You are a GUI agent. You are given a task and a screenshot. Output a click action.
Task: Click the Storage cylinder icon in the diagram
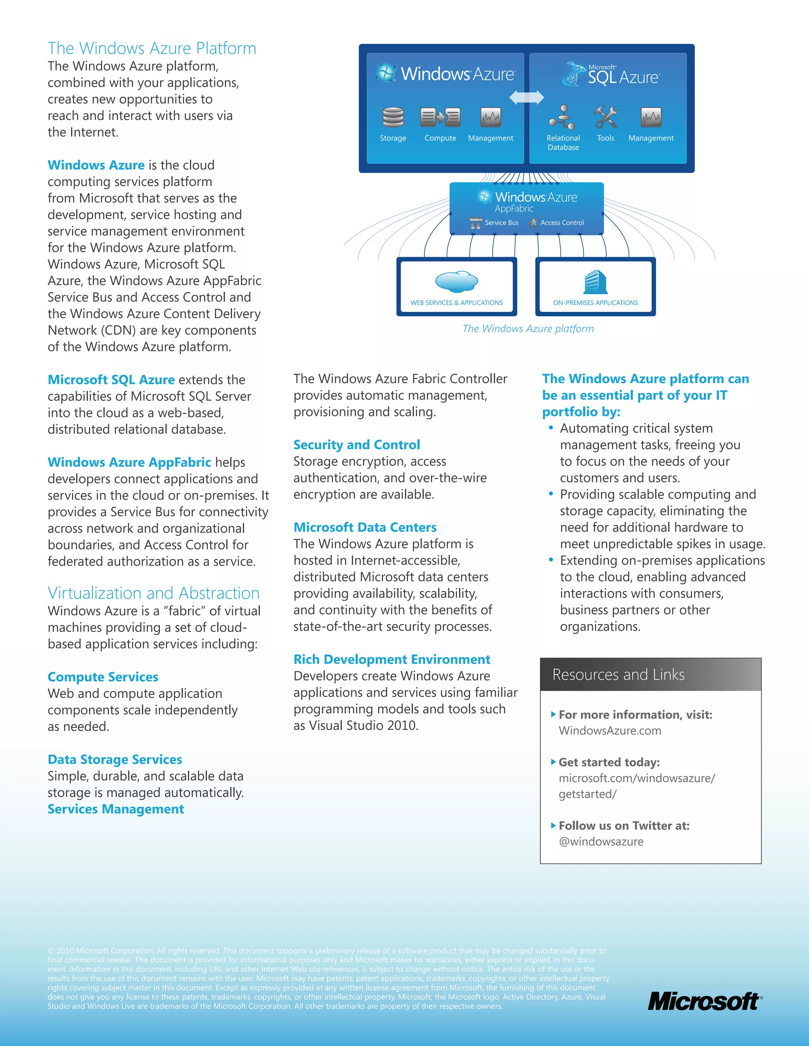pos(393,117)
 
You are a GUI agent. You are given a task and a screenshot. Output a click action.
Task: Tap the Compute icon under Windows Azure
pos(440,117)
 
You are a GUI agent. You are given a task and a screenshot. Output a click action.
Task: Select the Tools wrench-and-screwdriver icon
pos(605,117)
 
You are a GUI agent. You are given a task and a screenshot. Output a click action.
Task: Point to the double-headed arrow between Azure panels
pos(526,97)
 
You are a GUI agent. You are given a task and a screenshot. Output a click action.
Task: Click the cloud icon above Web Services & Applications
pos(456,281)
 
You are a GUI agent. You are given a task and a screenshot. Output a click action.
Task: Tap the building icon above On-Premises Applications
pos(595,281)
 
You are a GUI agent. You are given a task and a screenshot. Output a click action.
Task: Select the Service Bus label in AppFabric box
pos(501,223)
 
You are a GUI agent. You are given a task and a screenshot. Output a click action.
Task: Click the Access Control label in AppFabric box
pos(562,223)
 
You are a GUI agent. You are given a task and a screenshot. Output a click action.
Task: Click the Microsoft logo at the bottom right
pos(704,1001)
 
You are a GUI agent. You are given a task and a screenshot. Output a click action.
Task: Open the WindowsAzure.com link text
pos(610,731)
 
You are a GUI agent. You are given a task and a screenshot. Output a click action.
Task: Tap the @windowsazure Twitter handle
pos(601,842)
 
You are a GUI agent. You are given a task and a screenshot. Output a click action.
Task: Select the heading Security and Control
pos(357,445)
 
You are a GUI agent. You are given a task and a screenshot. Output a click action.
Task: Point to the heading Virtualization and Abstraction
pos(153,593)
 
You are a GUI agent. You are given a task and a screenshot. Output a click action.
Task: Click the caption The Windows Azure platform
pos(528,328)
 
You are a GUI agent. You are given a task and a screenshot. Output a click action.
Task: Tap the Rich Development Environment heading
pos(391,660)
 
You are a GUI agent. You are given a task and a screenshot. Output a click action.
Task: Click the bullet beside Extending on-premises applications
pos(551,559)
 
